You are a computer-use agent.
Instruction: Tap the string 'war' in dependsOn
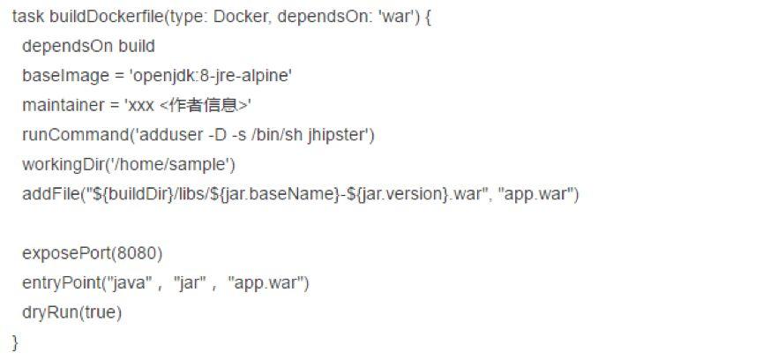[386, 17]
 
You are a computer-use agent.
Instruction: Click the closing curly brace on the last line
[15, 341]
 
